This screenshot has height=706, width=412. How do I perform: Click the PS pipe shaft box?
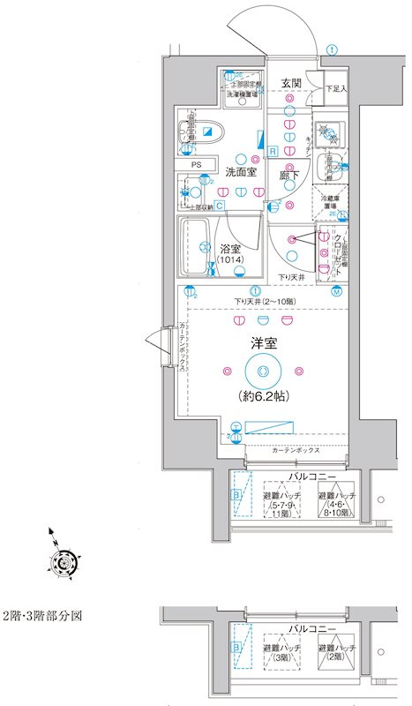(x=197, y=164)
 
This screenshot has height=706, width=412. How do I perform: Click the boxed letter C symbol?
(x=219, y=206)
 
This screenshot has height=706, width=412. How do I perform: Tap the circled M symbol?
(x=336, y=291)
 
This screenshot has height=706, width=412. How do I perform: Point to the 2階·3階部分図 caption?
(x=41, y=615)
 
